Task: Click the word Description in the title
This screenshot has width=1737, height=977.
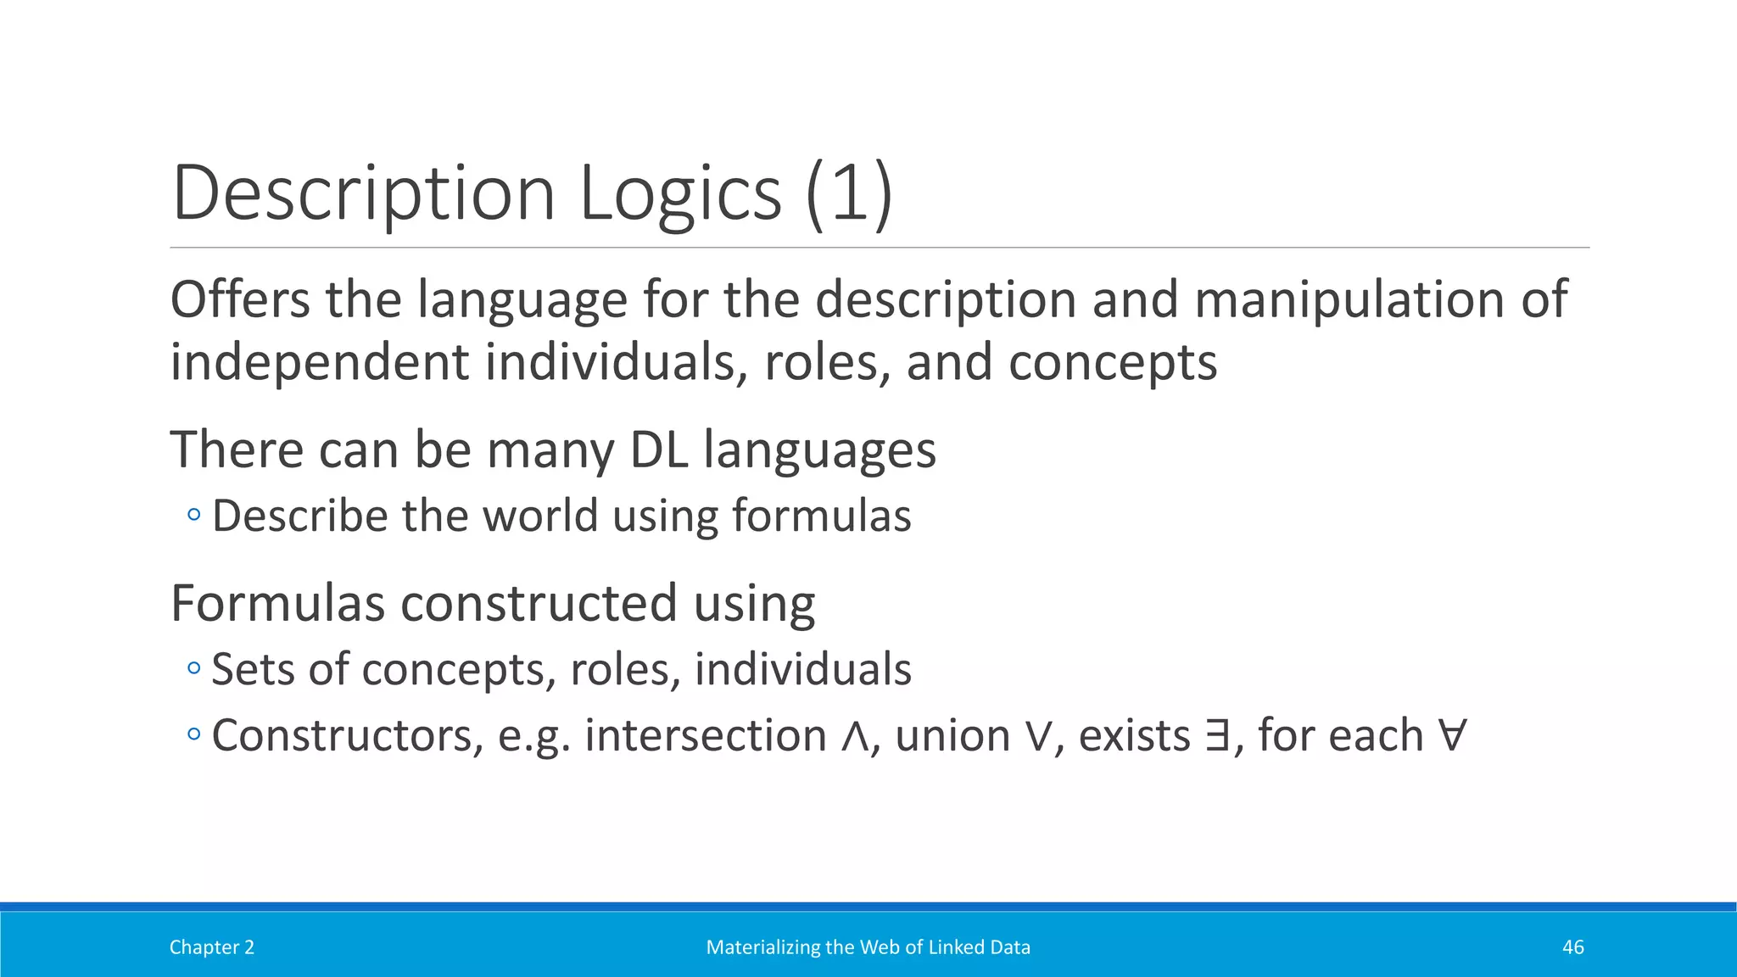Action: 363,193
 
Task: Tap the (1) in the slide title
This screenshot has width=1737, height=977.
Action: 849,193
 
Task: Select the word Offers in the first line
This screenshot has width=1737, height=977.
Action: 240,299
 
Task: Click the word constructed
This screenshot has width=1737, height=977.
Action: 539,603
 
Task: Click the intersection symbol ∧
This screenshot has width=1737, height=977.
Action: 855,736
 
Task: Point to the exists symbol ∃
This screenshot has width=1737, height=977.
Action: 1217,736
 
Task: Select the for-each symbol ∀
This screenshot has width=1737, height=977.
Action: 1452,735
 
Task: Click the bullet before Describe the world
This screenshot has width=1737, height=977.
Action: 194,515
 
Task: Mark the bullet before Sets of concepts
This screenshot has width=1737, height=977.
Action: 194,668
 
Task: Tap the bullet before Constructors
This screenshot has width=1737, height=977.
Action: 194,734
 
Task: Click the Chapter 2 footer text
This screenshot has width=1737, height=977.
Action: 212,947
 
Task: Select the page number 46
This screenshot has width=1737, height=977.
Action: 1572,947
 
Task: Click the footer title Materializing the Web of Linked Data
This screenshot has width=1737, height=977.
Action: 868,947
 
